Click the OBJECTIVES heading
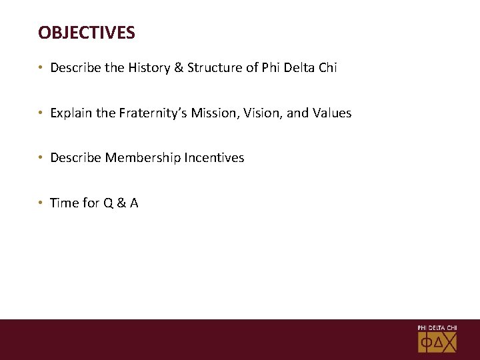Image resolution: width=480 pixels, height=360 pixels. coord(87,32)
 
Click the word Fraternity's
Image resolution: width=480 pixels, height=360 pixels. coord(153,113)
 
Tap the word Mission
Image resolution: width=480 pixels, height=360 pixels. coord(213,113)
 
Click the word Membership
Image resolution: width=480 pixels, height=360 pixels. coord(138,158)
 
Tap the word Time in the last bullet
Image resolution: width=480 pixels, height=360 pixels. coord(64,203)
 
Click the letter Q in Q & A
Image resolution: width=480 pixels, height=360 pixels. coord(108,203)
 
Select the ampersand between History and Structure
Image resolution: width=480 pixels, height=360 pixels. coord(180,68)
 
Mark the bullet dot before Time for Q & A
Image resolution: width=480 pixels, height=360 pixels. coord(41,203)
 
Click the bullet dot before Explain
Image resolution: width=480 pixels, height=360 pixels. coord(41,113)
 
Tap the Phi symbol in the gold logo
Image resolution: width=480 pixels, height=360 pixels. coord(426,343)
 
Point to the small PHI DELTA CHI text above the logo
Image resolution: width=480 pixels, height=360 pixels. coord(437,328)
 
